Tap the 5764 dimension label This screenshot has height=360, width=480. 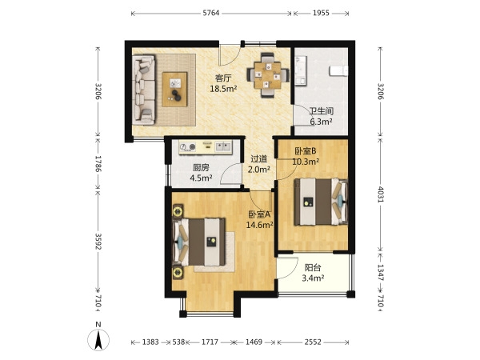(x=211, y=13)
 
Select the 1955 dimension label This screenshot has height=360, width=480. (x=321, y=13)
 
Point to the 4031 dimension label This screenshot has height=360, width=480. (x=381, y=194)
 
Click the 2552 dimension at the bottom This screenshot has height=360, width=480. (x=313, y=342)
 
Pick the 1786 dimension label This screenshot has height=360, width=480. (x=98, y=163)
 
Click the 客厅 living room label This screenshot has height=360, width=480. (x=223, y=78)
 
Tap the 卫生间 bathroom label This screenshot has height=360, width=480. (x=321, y=111)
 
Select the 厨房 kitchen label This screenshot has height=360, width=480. (x=201, y=167)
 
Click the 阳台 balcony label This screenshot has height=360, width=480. (x=313, y=267)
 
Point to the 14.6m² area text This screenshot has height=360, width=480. (x=259, y=225)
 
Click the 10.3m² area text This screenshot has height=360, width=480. (x=306, y=162)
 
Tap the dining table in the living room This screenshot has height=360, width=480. (x=268, y=75)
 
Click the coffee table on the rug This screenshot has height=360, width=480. (x=174, y=89)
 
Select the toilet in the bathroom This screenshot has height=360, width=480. (x=338, y=70)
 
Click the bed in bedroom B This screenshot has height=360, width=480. (x=321, y=202)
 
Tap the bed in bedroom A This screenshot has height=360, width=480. (x=199, y=242)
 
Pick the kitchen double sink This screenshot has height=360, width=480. (x=223, y=146)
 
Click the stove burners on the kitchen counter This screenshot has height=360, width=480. (x=188, y=147)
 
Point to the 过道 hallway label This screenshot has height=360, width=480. (x=259, y=159)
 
